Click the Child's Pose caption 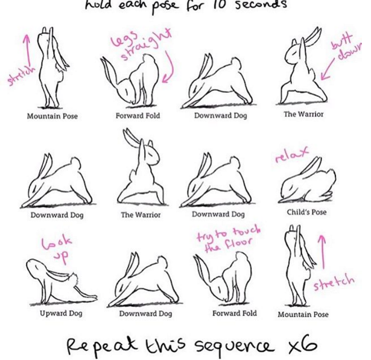click(306, 212)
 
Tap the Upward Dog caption click(61, 314)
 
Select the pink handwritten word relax click(292, 154)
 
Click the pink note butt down click(347, 47)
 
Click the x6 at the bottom click(303, 344)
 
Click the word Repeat click(102, 346)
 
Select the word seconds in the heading click(261, 5)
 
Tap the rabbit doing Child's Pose click(307, 181)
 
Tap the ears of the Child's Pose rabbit click(311, 167)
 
